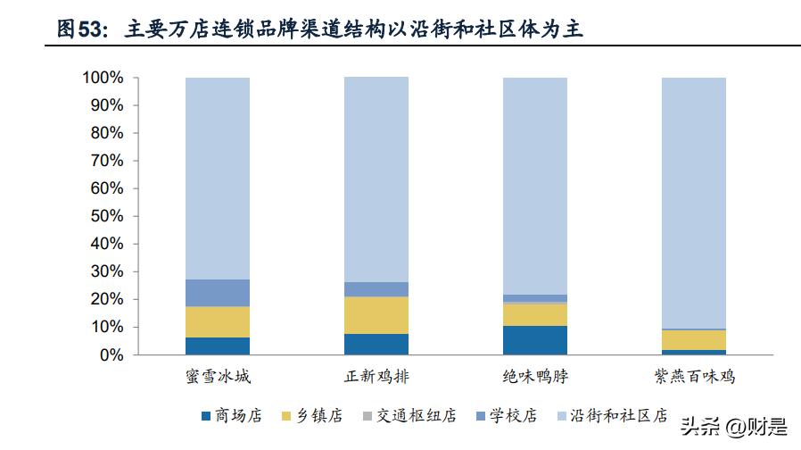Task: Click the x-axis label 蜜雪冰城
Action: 218,377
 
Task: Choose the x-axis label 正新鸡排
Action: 376,377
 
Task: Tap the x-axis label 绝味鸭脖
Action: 535,377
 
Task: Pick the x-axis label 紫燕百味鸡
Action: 694,377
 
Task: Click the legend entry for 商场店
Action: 234,415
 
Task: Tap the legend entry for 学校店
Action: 509,415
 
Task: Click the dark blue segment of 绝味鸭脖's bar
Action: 535,340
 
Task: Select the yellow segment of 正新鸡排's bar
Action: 376,315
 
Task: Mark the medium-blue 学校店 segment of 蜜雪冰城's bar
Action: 218,293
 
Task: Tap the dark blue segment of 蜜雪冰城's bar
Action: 218,346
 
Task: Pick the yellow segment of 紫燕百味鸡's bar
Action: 694,340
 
